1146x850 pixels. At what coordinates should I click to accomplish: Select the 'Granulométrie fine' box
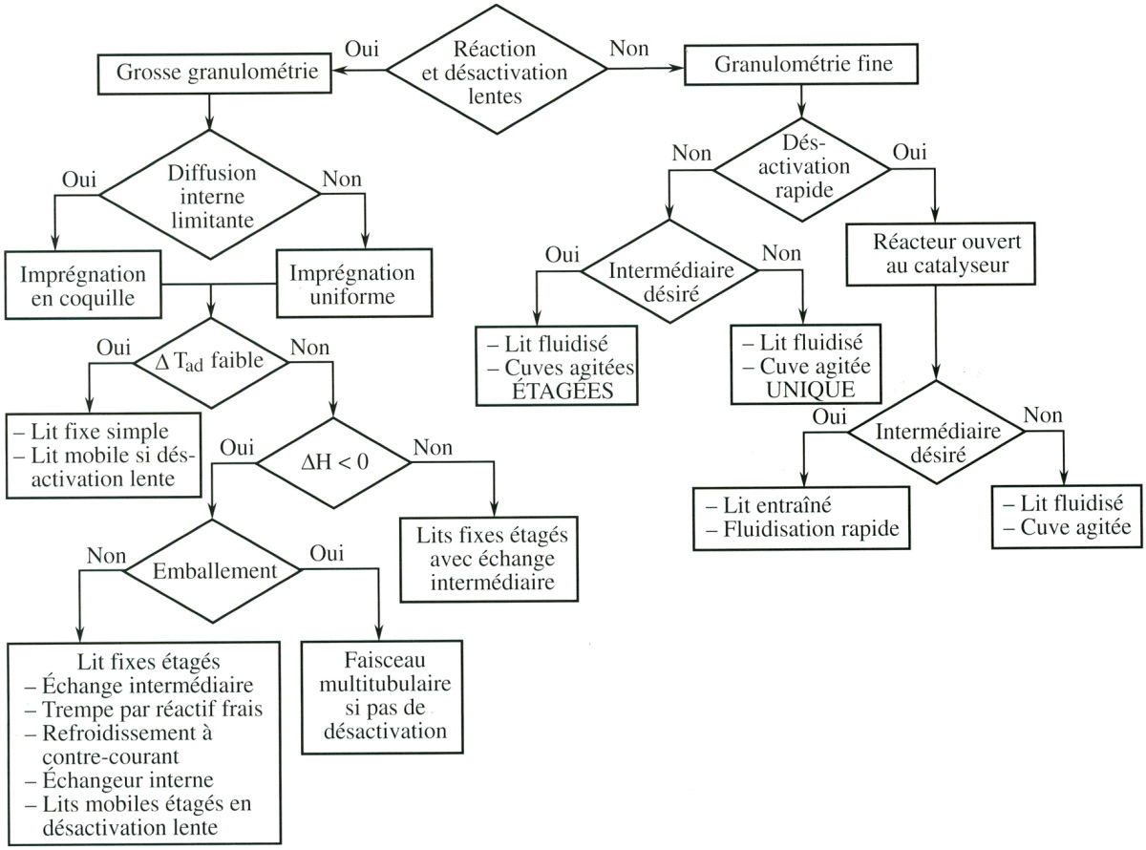(x=817, y=65)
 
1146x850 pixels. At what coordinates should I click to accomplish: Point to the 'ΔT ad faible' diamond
(x=211, y=362)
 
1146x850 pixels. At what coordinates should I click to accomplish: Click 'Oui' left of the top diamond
(x=362, y=47)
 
